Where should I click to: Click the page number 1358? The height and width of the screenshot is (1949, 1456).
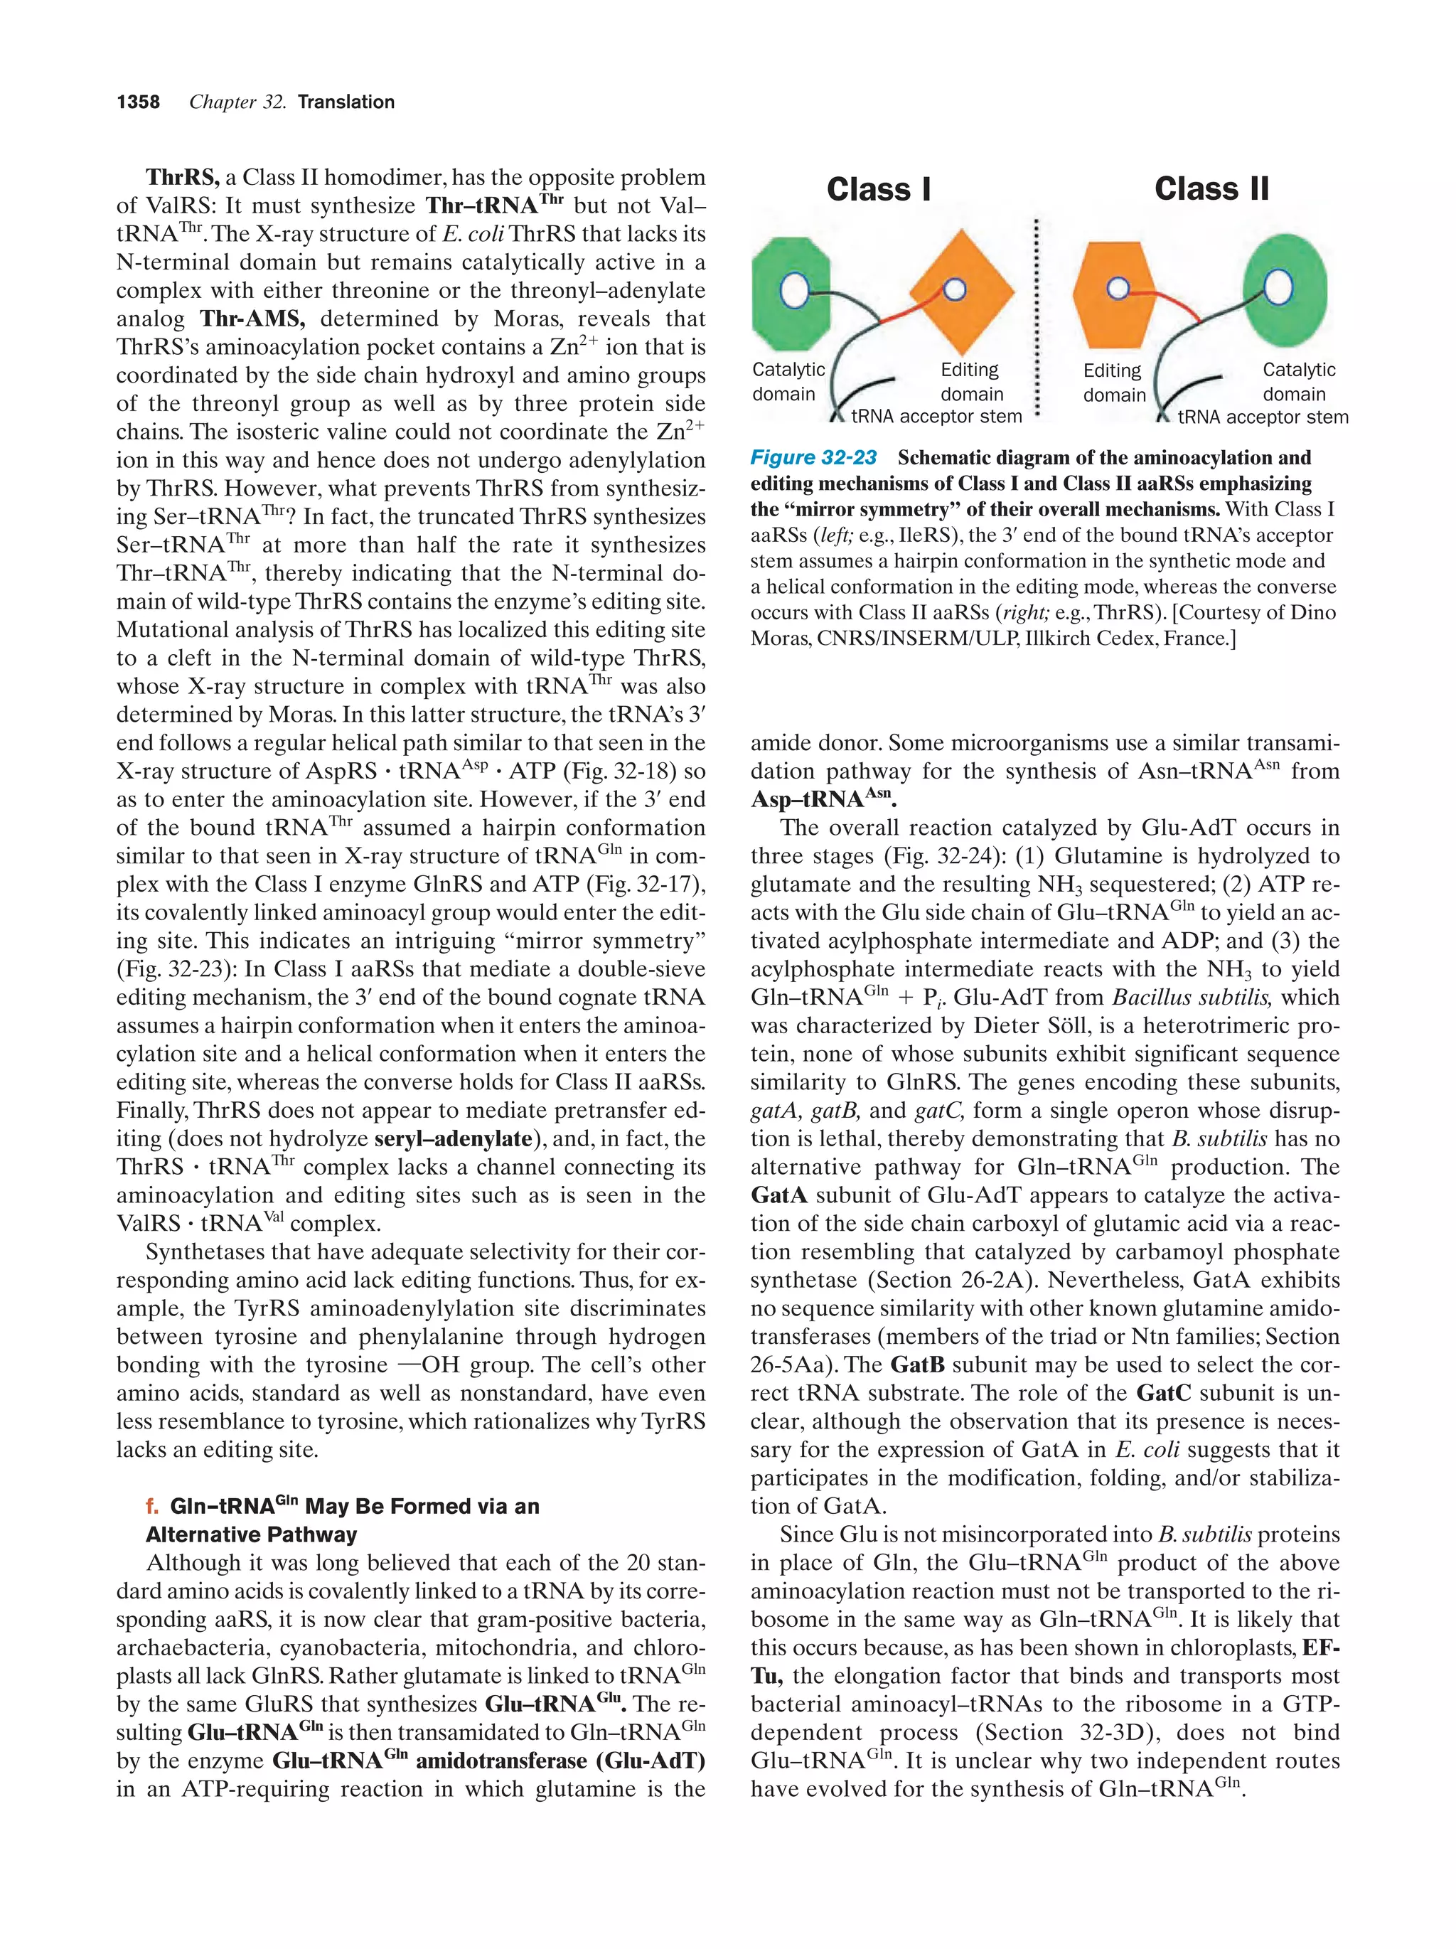(139, 102)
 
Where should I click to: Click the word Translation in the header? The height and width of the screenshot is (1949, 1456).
(346, 102)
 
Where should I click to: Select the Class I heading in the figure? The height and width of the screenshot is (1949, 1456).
(878, 189)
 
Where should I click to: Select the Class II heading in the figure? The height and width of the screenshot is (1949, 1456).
(1211, 188)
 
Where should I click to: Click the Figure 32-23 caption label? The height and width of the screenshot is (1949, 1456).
(813, 457)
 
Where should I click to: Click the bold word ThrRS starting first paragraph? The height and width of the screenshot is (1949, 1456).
(182, 178)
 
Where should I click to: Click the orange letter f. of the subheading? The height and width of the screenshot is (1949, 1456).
(152, 1506)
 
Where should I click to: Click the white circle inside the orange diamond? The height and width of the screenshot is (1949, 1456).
(955, 288)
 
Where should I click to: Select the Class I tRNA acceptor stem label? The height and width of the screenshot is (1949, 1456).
(936, 417)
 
